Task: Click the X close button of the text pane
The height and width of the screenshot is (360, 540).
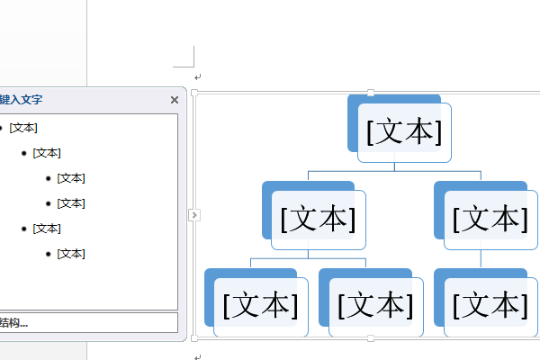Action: click(175, 100)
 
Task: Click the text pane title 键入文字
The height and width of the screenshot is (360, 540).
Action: click(21, 100)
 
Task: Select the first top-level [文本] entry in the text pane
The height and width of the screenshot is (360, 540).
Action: click(23, 128)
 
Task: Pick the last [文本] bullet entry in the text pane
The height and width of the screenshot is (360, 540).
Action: click(71, 254)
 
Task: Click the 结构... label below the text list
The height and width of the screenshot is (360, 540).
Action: click(13, 323)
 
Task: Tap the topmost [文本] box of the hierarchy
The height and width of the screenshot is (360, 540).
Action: click(404, 132)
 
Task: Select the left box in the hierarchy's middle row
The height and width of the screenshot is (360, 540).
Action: click(319, 220)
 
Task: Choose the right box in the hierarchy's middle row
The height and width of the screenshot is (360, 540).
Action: click(490, 220)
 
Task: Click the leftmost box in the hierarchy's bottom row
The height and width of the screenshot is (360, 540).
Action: click(261, 307)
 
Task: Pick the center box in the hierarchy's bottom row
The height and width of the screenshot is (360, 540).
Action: click(376, 307)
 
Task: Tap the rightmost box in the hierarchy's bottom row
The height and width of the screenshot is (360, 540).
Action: click(490, 307)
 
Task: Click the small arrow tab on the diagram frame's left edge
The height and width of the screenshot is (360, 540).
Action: click(194, 215)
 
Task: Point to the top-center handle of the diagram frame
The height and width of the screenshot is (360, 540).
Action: click(371, 93)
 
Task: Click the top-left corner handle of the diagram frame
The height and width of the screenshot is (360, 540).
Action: click(194, 93)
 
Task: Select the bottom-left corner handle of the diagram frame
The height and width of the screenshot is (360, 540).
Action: click(194, 338)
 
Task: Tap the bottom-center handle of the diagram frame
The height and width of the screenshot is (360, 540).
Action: click(371, 338)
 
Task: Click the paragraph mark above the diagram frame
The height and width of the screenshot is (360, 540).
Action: click(197, 77)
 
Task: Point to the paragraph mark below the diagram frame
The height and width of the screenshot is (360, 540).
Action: click(197, 357)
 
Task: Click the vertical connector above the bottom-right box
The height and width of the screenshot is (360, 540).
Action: click(481, 259)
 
